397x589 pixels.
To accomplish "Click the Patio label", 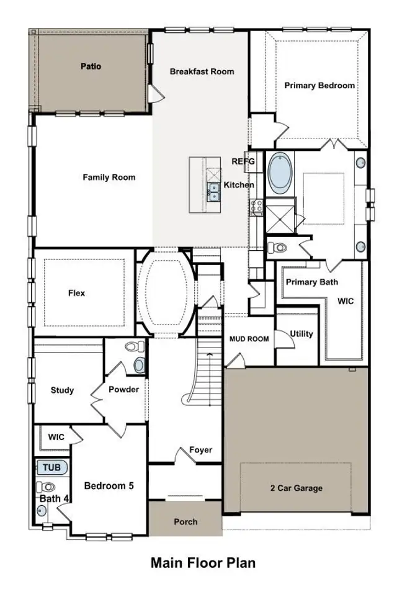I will point(91,66).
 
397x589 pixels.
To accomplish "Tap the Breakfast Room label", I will point(202,71).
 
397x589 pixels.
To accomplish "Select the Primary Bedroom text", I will point(319,86).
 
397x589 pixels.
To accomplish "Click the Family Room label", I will point(109,178).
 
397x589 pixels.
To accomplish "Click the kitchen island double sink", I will point(213,192).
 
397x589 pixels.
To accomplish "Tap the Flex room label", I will point(76,293).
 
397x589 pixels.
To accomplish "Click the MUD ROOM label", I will point(249,339).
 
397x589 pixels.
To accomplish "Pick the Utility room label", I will point(302,334).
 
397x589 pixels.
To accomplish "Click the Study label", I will point(62,390).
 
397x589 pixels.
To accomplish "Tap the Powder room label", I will point(123,390).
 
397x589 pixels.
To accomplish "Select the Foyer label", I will point(200,450).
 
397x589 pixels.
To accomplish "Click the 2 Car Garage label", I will point(295,488).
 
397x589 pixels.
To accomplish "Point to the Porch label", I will point(185,522).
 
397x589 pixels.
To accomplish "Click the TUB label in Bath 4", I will point(51,467).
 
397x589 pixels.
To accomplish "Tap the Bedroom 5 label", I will point(109,486).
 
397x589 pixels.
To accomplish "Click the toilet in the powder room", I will point(133,348).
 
